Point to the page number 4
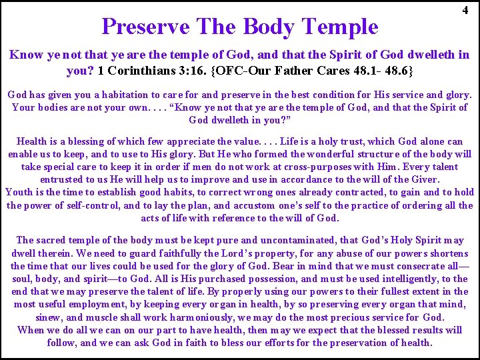(x=465, y=11)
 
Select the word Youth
(x=20, y=192)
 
